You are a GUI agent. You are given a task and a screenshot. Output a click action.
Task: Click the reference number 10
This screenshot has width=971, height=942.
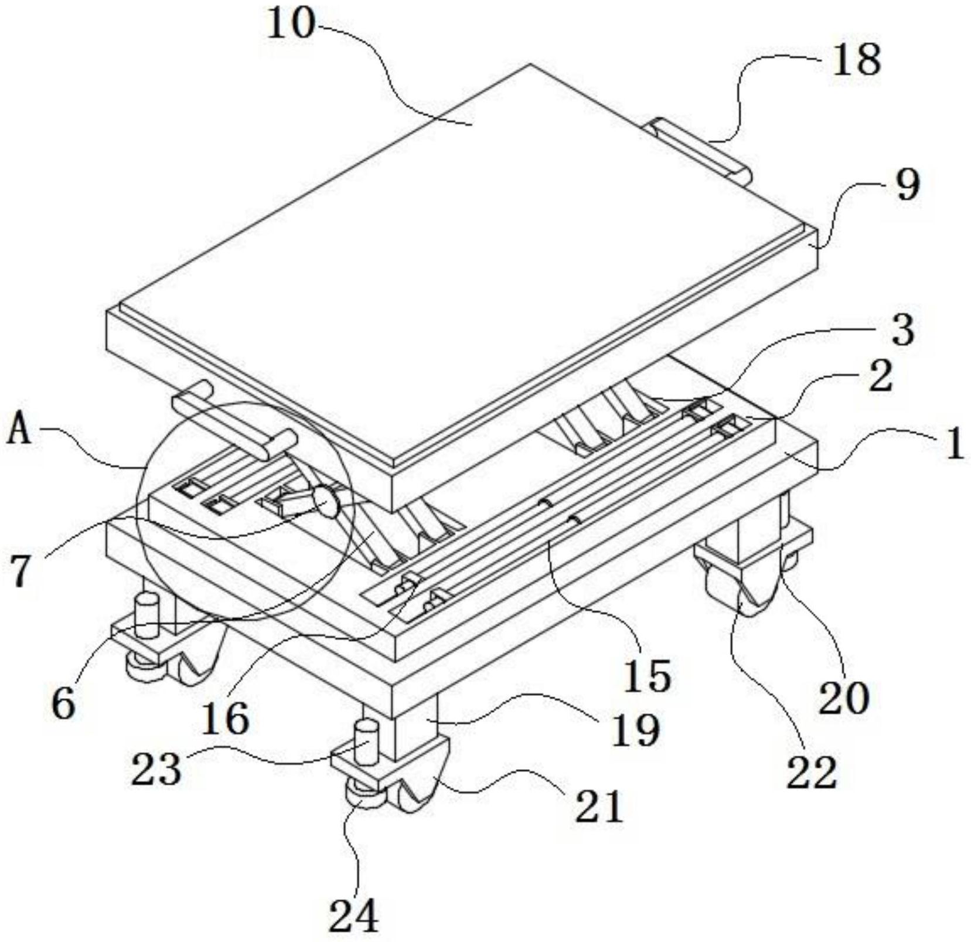click(x=291, y=26)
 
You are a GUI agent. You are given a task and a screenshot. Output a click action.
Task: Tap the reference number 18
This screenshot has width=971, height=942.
click(x=856, y=60)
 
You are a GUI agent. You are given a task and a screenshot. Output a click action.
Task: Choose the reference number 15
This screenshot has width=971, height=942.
click(x=647, y=675)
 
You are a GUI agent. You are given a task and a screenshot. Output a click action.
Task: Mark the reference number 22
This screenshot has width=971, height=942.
click(x=811, y=773)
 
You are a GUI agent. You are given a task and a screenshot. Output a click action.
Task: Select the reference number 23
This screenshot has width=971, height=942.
click(x=156, y=770)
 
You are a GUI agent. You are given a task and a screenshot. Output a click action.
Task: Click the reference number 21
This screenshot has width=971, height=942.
click(x=598, y=806)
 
